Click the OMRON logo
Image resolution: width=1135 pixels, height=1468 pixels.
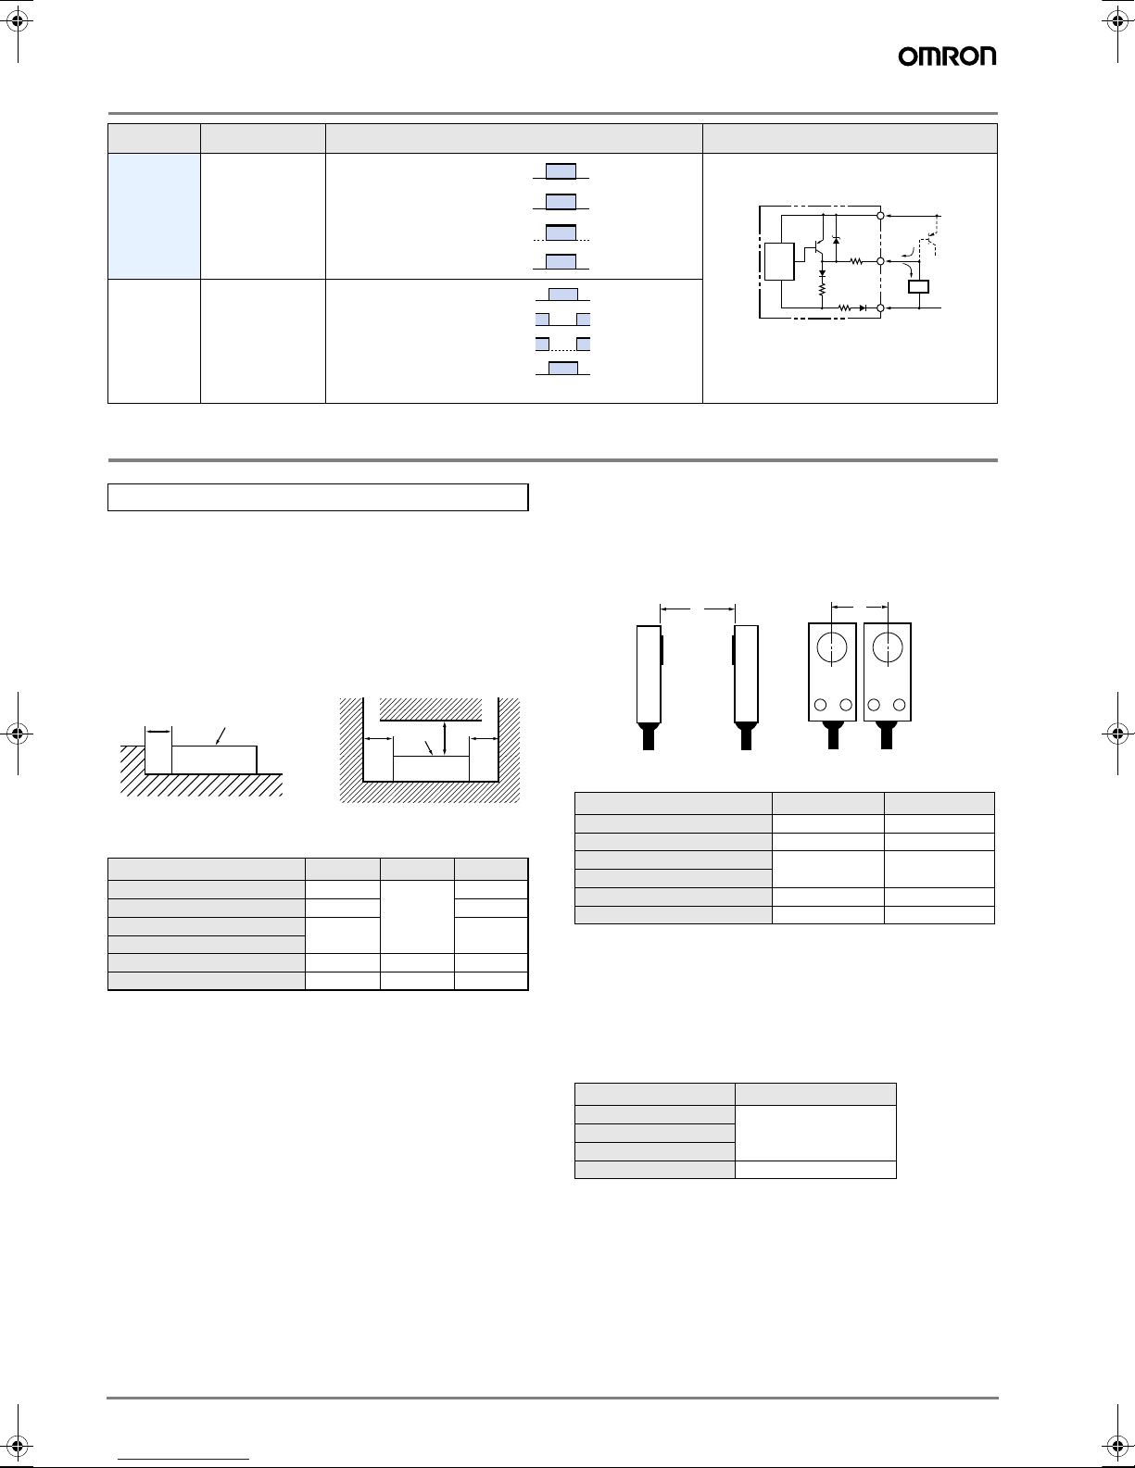pos(947,56)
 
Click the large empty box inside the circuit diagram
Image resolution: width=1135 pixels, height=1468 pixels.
pos(779,261)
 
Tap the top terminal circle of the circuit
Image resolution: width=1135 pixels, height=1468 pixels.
pos(880,216)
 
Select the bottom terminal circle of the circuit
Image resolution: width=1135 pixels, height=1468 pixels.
pos(880,308)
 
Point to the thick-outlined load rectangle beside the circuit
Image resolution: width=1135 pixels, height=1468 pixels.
pos(919,286)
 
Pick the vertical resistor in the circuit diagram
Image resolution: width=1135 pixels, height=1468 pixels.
pos(822,288)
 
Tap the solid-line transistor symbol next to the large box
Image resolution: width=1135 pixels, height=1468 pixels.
pos(817,248)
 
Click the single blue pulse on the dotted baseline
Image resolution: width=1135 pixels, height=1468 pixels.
pos(561,232)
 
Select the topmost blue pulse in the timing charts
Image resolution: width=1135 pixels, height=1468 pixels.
pos(561,171)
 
